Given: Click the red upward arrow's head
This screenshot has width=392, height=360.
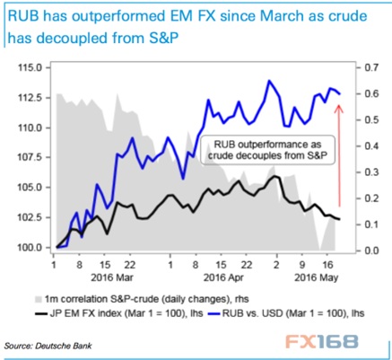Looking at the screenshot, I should (339, 108).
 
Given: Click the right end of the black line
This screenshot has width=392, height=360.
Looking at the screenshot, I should (339, 219).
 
